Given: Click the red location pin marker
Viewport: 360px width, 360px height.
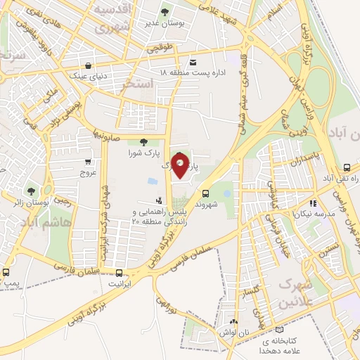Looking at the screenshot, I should (181, 167).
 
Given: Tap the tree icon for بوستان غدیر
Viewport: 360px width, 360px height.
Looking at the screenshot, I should (165, 12).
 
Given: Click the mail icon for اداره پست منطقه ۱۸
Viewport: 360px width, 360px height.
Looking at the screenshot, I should (193, 61).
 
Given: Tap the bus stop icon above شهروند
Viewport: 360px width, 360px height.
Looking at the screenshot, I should (205, 193).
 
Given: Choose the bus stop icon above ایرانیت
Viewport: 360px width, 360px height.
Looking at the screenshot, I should (119, 273).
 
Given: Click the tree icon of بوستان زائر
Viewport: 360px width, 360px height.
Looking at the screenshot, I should (30, 191).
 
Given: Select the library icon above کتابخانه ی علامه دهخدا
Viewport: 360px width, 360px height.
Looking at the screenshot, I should (281, 330).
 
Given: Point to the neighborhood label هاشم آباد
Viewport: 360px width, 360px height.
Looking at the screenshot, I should (45, 221).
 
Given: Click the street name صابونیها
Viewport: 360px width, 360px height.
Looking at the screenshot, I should (109, 131).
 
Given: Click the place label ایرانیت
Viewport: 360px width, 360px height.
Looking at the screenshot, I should (120, 284).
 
